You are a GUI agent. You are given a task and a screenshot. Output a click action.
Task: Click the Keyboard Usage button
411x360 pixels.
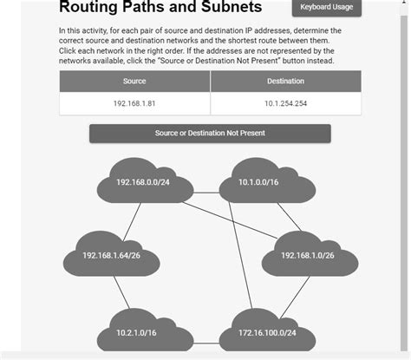[x=326, y=8]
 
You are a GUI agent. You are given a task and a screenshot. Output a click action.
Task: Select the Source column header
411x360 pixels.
[x=134, y=82]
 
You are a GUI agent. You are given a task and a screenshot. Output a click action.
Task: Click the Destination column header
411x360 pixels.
[x=285, y=82]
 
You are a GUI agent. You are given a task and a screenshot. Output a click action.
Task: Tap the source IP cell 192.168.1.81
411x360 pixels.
[x=134, y=103]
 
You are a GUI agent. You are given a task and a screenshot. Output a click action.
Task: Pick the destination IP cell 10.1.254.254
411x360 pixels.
[x=285, y=103]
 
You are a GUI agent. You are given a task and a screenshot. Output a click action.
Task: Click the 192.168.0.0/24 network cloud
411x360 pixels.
[x=142, y=181]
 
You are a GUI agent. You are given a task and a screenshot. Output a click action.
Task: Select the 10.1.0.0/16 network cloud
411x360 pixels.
[x=258, y=181]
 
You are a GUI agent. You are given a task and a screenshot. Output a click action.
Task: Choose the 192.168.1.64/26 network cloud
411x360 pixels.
[x=111, y=255]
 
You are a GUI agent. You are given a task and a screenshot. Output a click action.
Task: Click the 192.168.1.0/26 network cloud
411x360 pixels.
[x=308, y=255]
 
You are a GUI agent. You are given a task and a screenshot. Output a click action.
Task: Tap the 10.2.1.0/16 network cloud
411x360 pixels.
[x=135, y=332]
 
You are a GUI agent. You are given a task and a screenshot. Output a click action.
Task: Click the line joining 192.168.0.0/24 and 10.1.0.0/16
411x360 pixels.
[x=200, y=182]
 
